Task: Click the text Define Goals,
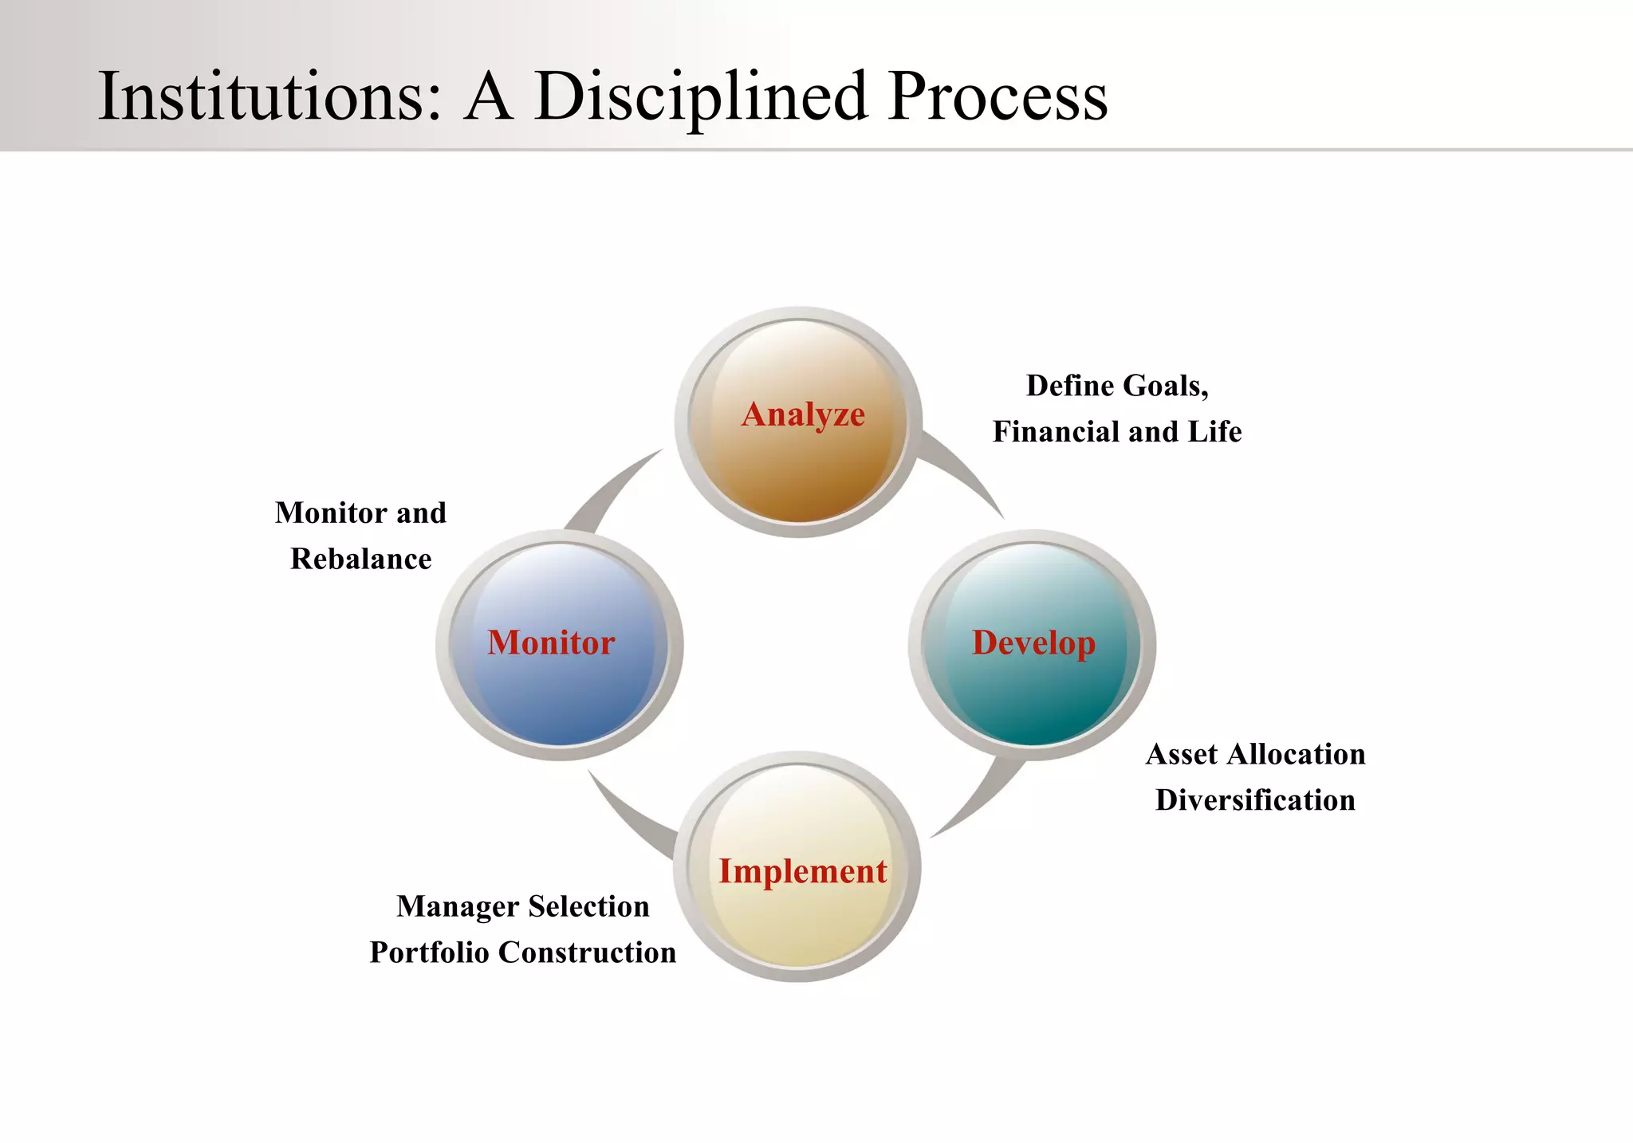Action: [x=1117, y=386]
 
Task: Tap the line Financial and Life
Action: [x=1117, y=432]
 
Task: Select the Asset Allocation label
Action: [x=1255, y=754]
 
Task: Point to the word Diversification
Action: [x=1255, y=800]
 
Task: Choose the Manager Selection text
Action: [x=523, y=906]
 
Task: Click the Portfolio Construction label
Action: [x=523, y=953]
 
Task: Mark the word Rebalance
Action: [x=360, y=560]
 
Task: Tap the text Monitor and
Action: [x=360, y=513]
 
